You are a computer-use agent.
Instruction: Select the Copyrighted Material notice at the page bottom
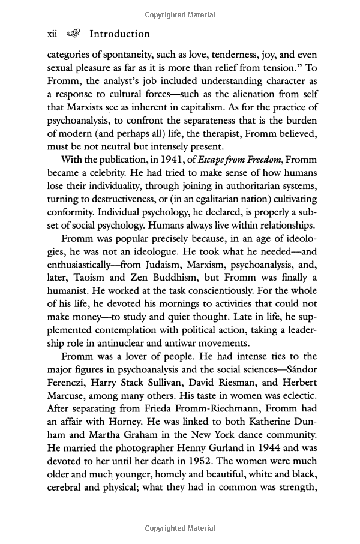pyautogui.click(x=180, y=528)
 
